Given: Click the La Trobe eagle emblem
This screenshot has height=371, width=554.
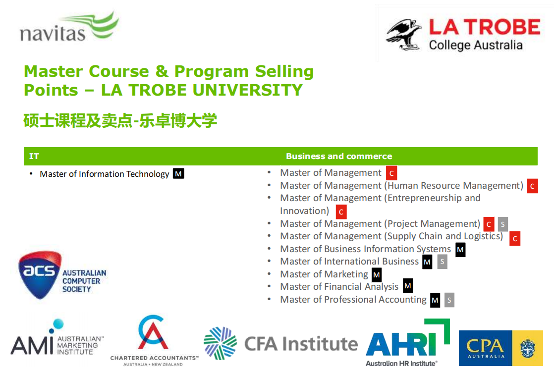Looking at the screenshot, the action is (404, 35).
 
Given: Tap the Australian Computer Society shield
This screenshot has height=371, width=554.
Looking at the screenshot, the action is (40, 274).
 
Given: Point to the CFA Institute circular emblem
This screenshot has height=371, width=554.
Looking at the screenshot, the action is (220, 343).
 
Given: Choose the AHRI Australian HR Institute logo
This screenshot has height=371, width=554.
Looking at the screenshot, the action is (408, 342).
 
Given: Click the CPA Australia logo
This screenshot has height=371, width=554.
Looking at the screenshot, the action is (500, 348).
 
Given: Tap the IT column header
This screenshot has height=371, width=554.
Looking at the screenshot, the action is (34, 156).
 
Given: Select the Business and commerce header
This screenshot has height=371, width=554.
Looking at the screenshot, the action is (339, 156).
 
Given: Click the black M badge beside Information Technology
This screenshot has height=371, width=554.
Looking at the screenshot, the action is (178, 173).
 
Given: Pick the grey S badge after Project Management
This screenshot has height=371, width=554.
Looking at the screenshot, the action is (503, 224).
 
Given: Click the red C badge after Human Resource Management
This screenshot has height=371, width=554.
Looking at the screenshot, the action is (533, 186).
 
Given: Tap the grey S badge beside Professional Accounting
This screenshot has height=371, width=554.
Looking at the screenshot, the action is (449, 300).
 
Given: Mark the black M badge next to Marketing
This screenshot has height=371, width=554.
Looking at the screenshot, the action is (377, 274).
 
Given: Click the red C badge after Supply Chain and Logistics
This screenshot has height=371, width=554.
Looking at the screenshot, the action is (515, 239).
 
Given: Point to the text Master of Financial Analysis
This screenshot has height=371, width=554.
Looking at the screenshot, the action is (339, 287).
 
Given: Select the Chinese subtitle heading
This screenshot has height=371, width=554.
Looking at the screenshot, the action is (120, 120).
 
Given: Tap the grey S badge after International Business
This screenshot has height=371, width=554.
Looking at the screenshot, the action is (442, 262).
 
